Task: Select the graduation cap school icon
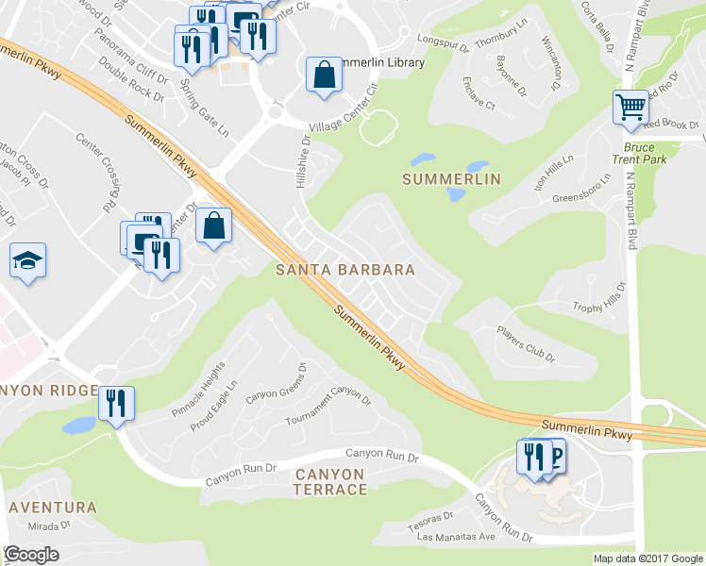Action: (27, 260)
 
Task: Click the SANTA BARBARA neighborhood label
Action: (345, 270)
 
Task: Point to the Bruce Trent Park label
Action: (646, 153)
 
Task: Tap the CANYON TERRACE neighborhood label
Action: (329, 481)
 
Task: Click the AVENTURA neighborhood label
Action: (52, 508)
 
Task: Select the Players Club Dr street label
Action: (528, 344)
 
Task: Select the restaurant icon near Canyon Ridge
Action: (117, 404)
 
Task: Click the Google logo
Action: (31, 555)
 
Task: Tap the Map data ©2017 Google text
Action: (647, 558)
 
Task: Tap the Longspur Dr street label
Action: (443, 41)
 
